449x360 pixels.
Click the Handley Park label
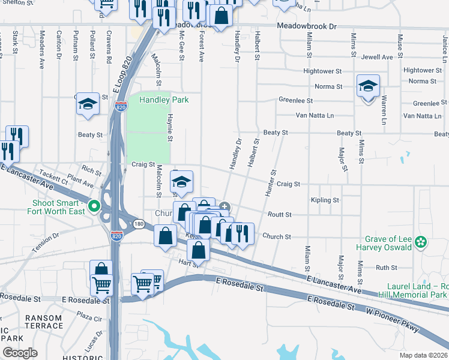tap(164, 100)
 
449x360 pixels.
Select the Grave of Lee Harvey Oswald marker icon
tap(421, 242)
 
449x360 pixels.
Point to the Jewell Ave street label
tap(377, 57)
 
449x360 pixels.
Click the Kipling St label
tap(325, 200)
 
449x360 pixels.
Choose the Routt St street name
tap(279, 214)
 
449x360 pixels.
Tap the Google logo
tap(20, 352)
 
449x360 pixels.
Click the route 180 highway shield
tap(139, 223)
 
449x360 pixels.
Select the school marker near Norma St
tap(367, 86)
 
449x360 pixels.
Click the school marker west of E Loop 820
tap(88, 104)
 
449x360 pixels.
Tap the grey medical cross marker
tap(224, 207)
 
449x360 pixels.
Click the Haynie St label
tap(170, 128)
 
